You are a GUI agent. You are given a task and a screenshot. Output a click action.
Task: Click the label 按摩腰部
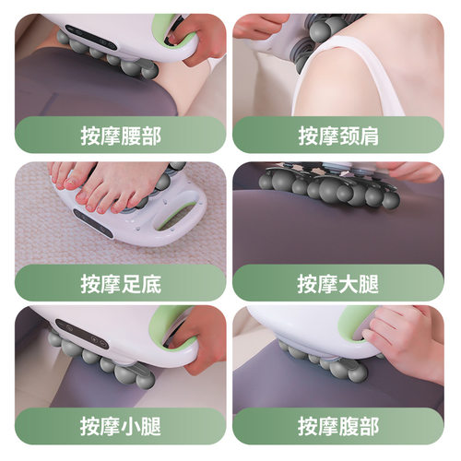(120, 136)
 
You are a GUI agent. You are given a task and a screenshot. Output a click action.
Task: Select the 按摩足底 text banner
(120, 283)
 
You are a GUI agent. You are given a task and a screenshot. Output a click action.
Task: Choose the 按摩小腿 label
(120, 428)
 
